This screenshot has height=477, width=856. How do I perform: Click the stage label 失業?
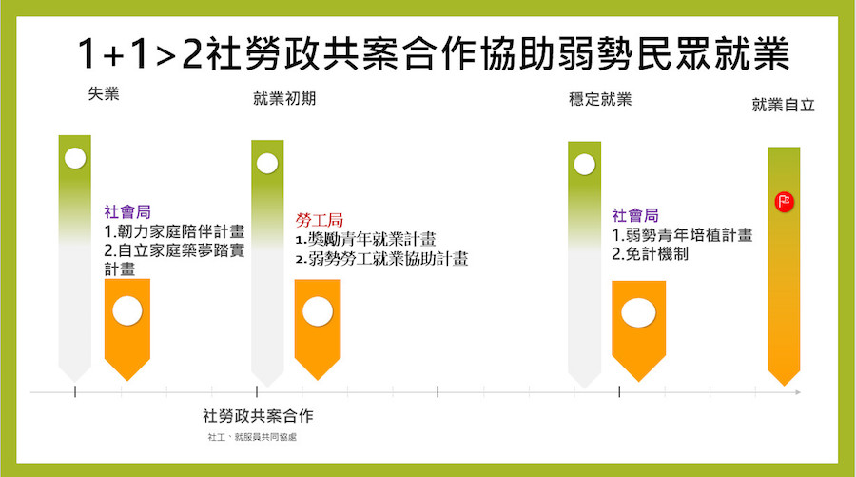tap(104, 94)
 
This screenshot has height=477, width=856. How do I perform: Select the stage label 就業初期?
tap(284, 98)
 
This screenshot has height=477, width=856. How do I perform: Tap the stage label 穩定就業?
tap(600, 99)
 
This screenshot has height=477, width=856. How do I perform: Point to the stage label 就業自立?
tap(784, 105)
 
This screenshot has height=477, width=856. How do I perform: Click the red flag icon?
tap(785, 202)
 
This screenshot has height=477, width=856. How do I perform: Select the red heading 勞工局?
tap(320, 220)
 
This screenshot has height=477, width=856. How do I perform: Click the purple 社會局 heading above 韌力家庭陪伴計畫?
tap(127, 212)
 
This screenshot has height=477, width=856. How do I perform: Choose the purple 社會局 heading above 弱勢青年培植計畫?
tap(635, 215)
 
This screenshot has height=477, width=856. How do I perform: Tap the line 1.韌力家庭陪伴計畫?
tap(174, 231)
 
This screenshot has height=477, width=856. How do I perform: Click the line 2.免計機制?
tap(650, 254)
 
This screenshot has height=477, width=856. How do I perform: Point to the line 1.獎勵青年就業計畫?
tap(366, 239)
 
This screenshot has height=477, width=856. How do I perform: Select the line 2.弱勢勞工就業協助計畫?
tap(381, 258)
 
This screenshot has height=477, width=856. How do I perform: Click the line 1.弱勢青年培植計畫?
tap(682, 235)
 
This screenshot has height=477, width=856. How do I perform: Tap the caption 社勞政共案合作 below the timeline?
tap(258, 416)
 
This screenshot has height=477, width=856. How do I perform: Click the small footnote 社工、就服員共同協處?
tap(252, 437)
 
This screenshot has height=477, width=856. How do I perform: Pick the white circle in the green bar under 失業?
tap(75, 158)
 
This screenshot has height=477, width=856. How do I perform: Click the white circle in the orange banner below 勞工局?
tap(318, 311)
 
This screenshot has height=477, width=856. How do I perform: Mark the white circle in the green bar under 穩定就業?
tap(584, 164)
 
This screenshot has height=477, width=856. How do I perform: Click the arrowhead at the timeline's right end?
tap(798, 392)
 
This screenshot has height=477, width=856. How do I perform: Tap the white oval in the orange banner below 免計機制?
tap(639, 313)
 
